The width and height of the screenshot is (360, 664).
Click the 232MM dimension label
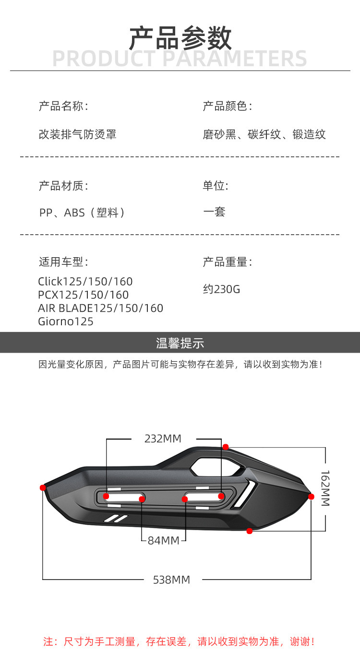pyautogui.click(x=163, y=439)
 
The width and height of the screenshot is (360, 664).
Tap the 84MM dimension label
pyautogui.click(x=163, y=540)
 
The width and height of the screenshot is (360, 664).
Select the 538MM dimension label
pyautogui.click(x=171, y=580)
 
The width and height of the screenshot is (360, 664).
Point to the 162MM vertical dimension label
pyautogui.click(x=325, y=488)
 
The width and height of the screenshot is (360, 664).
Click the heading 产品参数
pyautogui.click(x=180, y=38)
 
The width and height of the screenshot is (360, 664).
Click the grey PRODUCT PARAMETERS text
pyautogui.click(x=180, y=59)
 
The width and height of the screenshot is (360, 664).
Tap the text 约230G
pyautogui.click(x=221, y=289)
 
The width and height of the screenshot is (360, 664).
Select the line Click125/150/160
pyautogui.click(x=85, y=282)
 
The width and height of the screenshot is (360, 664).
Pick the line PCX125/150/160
pyautogui.click(x=83, y=295)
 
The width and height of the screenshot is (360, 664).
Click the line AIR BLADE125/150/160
pyautogui.click(x=100, y=308)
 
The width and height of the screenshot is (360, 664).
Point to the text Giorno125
pyautogui.click(x=66, y=321)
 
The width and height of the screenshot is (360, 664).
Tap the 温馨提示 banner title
pyautogui.click(x=180, y=343)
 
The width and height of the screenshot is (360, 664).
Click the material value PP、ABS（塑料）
pyautogui.click(x=82, y=213)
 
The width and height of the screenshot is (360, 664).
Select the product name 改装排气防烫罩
pyautogui.click(x=77, y=134)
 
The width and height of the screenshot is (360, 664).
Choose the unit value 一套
pyautogui.click(x=214, y=212)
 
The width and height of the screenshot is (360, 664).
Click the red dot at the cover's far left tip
pyautogui.click(x=43, y=487)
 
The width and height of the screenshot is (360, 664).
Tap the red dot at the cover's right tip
pyautogui.click(x=311, y=497)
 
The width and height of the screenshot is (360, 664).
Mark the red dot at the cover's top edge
pyautogui.click(x=225, y=447)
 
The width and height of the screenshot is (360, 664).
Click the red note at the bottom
pyautogui.click(x=179, y=641)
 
